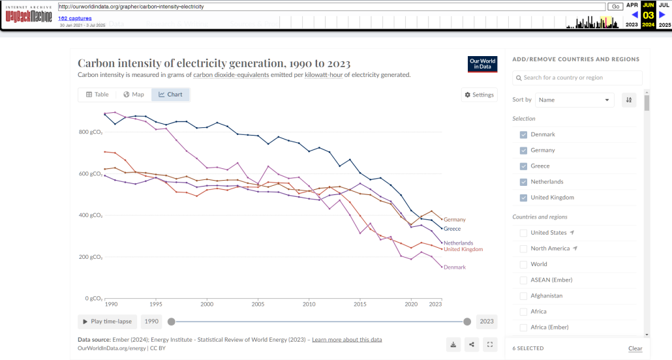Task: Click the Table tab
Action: tap(97, 95)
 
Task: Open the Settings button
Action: tap(479, 95)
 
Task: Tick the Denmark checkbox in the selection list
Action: tap(523, 134)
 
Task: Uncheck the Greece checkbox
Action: tap(523, 166)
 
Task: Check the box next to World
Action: tap(523, 264)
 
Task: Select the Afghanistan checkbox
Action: tap(523, 296)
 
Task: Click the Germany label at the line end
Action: tap(454, 220)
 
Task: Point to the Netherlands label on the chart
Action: tap(458, 243)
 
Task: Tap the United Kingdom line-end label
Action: tap(463, 249)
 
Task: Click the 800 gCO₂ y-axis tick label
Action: tap(91, 132)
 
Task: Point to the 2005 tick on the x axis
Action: tap(258, 305)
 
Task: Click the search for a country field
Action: tap(577, 78)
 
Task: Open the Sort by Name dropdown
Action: tap(575, 100)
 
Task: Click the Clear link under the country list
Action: tap(635, 348)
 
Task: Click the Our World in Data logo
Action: tap(482, 64)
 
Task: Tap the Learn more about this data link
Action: tap(346, 340)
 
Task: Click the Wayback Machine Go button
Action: tap(615, 7)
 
